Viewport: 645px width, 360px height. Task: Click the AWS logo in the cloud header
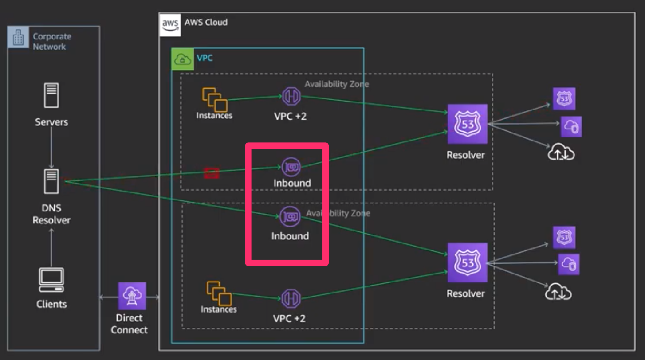point(170,24)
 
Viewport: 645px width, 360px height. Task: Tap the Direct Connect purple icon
point(132,296)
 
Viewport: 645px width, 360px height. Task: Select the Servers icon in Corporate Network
point(51,95)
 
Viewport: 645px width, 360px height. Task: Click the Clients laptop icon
point(51,280)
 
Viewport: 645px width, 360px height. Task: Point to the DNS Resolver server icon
point(51,181)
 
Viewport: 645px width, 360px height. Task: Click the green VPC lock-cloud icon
point(183,59)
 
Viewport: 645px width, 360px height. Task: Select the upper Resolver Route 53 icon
point(467,124)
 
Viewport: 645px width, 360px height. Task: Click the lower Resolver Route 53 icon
point(467,262)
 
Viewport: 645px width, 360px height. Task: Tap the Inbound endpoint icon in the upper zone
point(291,167)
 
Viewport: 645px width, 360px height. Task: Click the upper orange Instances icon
point(215,99)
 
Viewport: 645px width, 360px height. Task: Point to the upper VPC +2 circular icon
point(291,97)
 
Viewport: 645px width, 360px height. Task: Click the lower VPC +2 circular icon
point(291,299)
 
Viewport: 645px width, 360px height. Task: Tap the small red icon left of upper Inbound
point(212,173)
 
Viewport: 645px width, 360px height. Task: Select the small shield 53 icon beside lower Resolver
point(564,237)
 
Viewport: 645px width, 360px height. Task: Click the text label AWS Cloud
point(206,22)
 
